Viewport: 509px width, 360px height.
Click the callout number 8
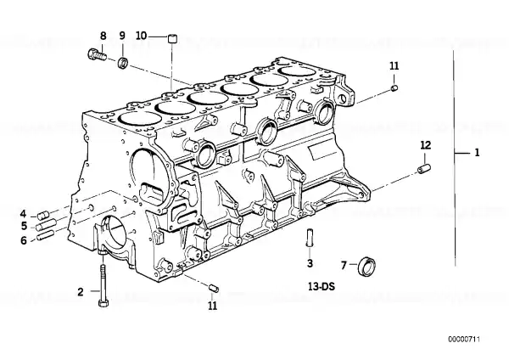(x=103, y=36)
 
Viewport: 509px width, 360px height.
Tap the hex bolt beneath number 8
(x=97, y=54)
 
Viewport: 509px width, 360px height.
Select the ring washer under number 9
(x=123, y=62)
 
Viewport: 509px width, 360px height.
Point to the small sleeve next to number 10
(x=173, y=38)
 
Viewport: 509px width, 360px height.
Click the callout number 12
(x=425, y=145)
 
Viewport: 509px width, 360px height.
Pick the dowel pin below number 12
(x=424, y=169)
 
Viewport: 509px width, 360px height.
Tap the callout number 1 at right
(x=477, y=152)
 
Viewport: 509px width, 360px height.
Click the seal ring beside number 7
(x=366, y=266)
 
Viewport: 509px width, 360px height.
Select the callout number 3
(x=310, y=263)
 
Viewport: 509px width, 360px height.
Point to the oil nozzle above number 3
(x=310, y=238)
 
